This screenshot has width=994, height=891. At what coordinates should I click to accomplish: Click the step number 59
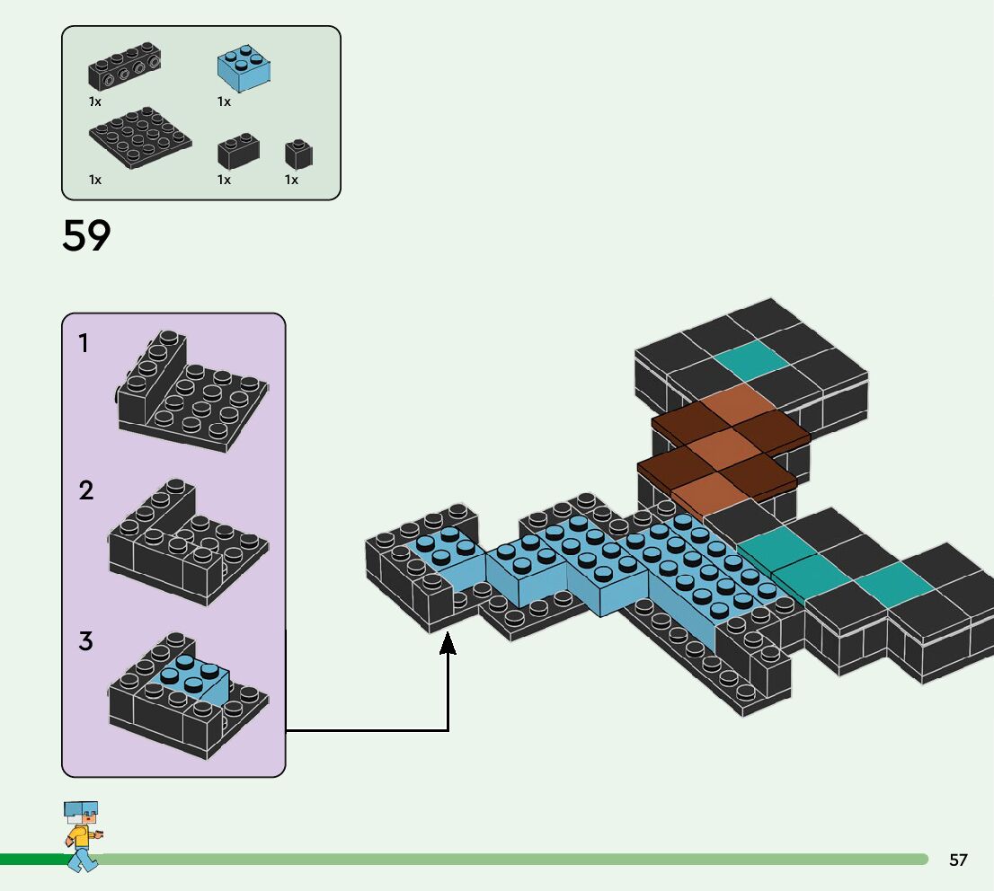(x=86, y=235)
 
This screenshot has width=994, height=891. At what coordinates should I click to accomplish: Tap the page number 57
(x=958, y=860)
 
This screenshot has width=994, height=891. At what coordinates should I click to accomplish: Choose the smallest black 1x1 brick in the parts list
(x=298, y=154)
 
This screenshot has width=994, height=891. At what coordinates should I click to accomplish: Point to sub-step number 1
(x=84, y=343)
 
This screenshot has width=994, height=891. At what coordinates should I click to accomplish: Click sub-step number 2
(x=85, y=490)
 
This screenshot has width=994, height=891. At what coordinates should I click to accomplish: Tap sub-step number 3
(x=85, y=641)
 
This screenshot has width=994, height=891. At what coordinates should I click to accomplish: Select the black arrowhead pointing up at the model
(x=448, y=644)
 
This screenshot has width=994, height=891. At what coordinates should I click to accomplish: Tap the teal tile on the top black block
(x=751, y=359)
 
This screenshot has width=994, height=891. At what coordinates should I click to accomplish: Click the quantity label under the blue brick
(x=224, y=101)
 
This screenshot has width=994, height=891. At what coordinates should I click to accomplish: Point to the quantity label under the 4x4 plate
(x=94, y=180)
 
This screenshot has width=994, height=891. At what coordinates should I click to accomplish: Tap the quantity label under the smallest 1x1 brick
(x=291, y=180)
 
